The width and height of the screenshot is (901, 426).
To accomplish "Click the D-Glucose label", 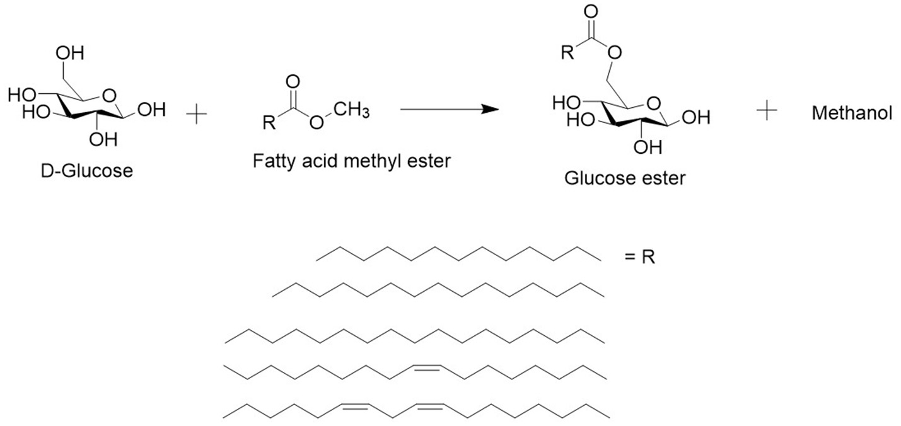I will coord(88,170).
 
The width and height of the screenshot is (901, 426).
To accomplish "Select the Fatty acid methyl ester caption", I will coord(352,161).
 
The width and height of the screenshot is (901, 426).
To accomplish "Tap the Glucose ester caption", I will coord(624,178).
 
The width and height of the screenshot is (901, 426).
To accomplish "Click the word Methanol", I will coord(852,113).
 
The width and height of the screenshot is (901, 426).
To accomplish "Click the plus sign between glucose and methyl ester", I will coord(197,115).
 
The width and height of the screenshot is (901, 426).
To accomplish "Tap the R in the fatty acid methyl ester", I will coord(269,123).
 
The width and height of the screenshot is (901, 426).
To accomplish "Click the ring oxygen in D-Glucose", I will coord(110,96).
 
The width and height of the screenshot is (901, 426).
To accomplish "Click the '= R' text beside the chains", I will coord(640,258).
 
